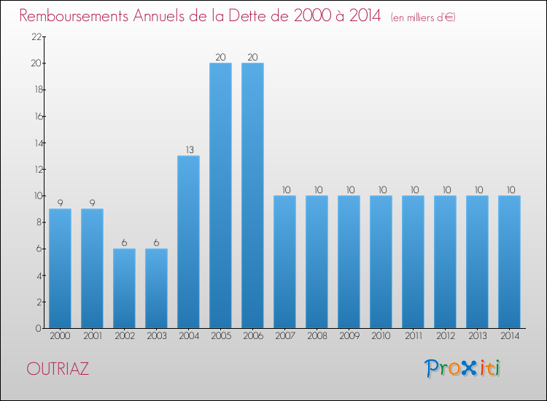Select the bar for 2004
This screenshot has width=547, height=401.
pos(188,241)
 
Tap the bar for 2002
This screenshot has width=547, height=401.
pos(124,288)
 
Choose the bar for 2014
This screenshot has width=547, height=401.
pos(509,262)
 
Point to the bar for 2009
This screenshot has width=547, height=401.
pos(349,262)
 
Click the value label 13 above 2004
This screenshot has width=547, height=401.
pos(188,150)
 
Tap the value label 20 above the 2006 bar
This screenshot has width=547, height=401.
pos(252,58)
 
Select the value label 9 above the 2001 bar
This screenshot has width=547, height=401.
pos(92,203)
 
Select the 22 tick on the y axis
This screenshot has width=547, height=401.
pos(36,37)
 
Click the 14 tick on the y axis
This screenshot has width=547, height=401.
pos(36,143)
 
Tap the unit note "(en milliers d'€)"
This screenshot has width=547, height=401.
pos(423,17)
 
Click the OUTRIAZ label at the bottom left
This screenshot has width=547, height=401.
pos(58,369)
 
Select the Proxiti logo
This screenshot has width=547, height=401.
pos(462,368)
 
